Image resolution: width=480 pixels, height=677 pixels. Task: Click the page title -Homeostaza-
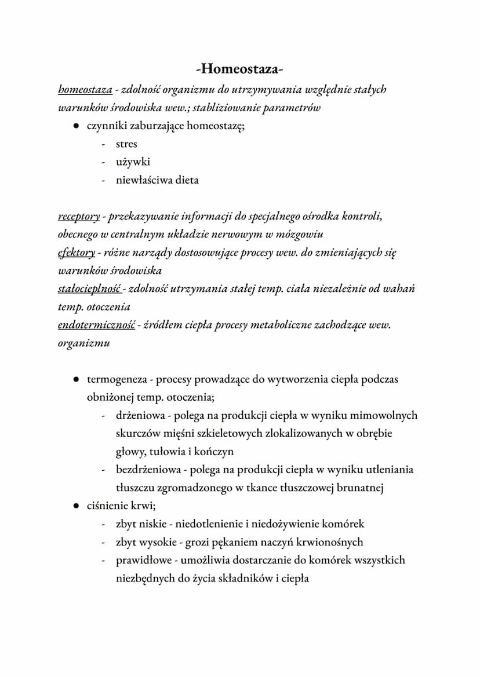(239, 70)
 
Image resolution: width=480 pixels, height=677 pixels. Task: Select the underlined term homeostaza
(85, 90)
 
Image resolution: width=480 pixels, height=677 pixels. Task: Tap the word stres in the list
(126, 144)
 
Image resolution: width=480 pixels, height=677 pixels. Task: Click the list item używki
(133, 162)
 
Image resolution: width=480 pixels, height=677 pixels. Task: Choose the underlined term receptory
(79, 217)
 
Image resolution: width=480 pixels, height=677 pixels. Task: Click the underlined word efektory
(77, 252)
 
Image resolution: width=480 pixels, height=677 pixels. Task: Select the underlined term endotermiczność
(96, 325)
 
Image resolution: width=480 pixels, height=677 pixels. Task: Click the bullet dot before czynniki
(76, 126)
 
